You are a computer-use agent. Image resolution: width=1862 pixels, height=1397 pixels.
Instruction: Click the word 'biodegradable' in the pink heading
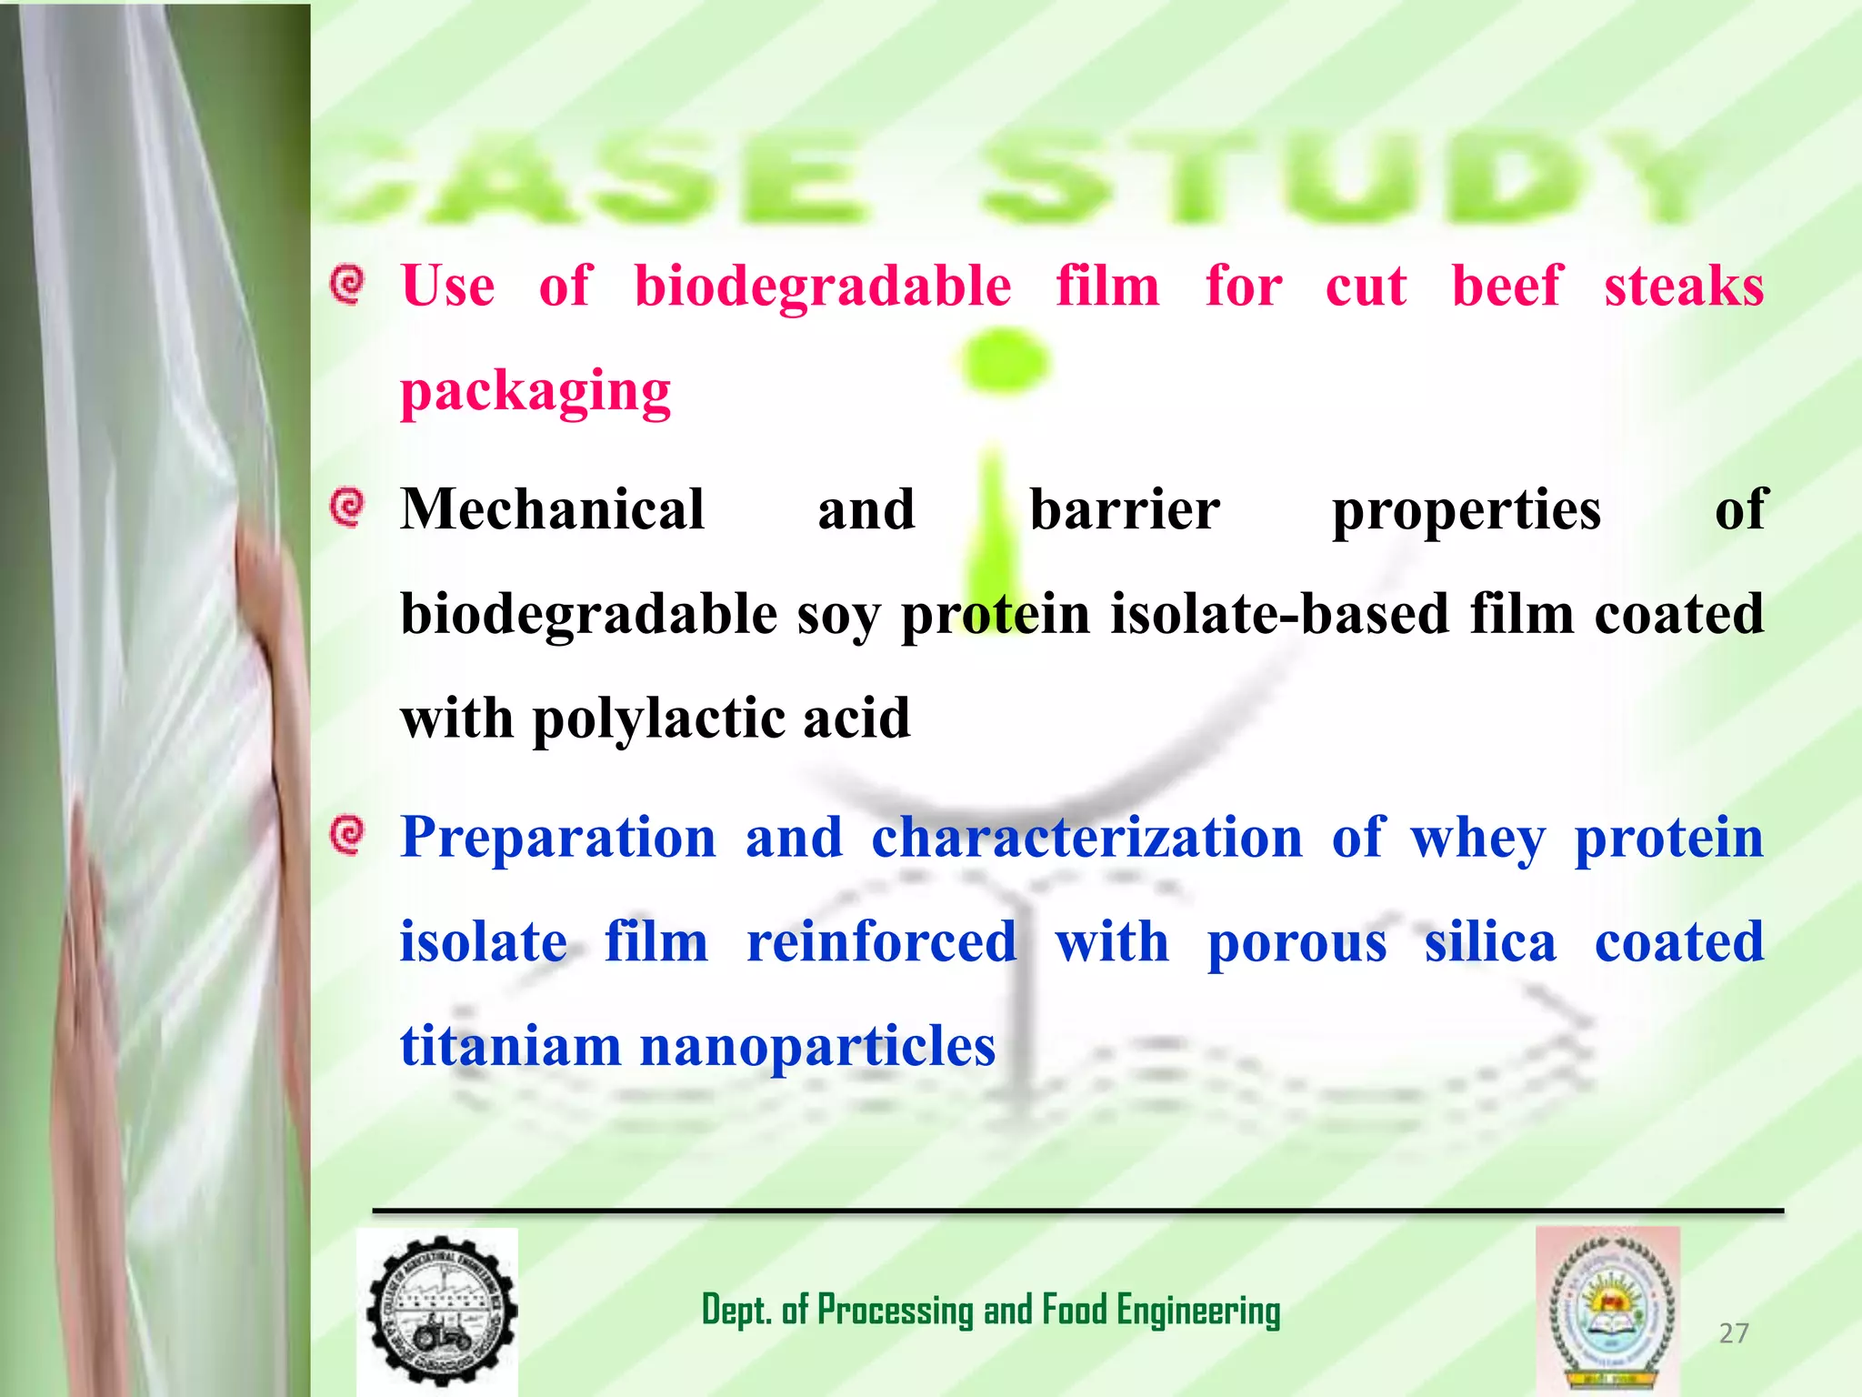coord(822,287)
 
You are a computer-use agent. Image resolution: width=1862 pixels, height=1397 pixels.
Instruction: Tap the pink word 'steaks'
coord(1683,287)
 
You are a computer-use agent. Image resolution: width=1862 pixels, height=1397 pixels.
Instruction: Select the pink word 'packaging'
coord(536,393)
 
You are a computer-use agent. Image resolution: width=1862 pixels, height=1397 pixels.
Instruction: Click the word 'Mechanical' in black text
coord(553,509)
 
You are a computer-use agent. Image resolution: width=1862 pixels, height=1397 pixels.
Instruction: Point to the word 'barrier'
coord(1124,509)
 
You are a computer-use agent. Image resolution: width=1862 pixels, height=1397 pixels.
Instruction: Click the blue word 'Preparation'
coord(558,838)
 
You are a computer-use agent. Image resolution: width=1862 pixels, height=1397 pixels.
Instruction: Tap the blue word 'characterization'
coord(1086,838)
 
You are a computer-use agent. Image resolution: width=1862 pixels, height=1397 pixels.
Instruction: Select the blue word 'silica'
coord(1490,942)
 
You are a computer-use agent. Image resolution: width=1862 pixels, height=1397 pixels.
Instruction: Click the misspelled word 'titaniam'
coord(510,1046)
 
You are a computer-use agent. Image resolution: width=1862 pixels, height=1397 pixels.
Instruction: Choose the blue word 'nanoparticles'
coord(817,1048)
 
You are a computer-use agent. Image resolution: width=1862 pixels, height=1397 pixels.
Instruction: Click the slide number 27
coord(1734,1333)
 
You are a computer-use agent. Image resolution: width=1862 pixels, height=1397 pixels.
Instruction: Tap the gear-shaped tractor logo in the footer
coord(441,1312)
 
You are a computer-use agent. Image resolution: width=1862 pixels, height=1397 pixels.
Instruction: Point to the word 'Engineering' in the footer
coord(1198,1311)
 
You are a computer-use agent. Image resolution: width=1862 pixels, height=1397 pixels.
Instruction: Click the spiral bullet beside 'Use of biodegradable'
coord(347,285)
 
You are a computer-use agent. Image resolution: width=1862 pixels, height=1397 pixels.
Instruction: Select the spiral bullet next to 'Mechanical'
coord(347,508)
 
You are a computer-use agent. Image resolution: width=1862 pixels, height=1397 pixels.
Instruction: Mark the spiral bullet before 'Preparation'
coord(347,835)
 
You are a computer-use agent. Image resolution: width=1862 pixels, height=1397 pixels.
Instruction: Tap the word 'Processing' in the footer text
coord(895,1311)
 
